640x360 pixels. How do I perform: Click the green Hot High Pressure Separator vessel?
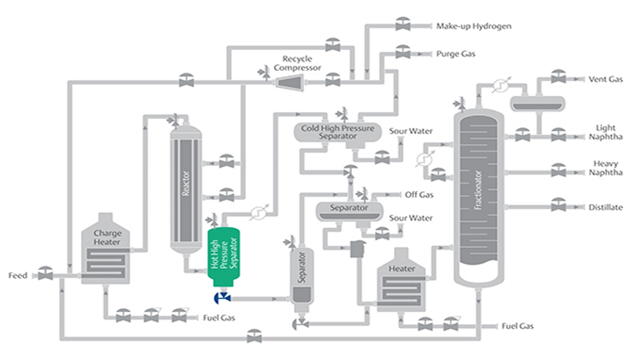[x=223, y=255]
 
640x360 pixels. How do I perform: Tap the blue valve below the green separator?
[x=222, y=298]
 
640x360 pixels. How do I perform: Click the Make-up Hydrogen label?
[x=474, y=26]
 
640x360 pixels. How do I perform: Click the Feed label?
[x=18, y=276]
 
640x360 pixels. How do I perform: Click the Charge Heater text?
[x=107, y=237]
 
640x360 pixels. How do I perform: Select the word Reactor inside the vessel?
[x=186, y=183]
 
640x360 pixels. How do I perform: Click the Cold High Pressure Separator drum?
[x=337, y=132]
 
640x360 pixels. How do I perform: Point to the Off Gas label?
[x=419, y=195]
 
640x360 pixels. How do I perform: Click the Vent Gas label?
[x=605, y=79]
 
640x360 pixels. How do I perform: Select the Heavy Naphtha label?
[x=605, y=168]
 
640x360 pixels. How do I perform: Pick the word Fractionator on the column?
[x=478, y=190]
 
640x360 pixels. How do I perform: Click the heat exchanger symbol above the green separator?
[x=259, y=213]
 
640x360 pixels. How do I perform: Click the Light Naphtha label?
[x=605, y=132]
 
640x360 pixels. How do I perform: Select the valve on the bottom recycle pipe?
[x=254, y=337]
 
